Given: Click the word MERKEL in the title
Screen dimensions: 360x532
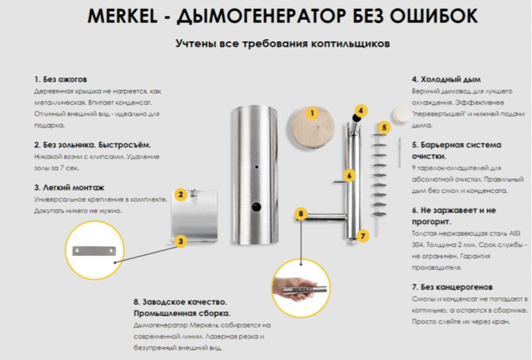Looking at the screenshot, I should [119, 17].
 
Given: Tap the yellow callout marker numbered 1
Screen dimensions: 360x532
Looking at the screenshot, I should [312, 112].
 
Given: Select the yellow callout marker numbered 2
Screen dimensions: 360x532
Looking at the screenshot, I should [181, 195].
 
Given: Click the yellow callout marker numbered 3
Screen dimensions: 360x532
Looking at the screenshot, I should [181, 241].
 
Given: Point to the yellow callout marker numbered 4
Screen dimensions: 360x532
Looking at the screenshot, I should [360, 110].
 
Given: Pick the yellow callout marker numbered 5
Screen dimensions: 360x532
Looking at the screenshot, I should [383, 128].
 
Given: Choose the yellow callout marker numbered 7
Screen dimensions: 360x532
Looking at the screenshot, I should [362, 236].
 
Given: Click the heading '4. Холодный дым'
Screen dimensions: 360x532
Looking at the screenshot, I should [446, 80].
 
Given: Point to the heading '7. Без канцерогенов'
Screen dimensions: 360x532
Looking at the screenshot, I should [453, 287].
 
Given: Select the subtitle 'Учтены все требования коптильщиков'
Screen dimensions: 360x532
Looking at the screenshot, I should [282, 43].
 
